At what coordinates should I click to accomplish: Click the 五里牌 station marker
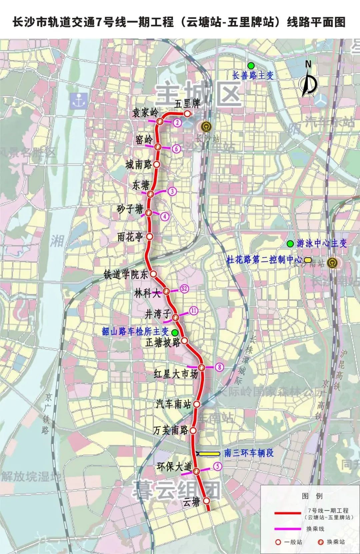coord(188,114)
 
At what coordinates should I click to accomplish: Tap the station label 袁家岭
coord(145,112)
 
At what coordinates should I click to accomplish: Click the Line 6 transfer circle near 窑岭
coord(177,149)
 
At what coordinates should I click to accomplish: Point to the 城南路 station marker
coord(157,164)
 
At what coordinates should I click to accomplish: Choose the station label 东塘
coord(140,185)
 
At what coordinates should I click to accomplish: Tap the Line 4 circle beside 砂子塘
coord(165,216)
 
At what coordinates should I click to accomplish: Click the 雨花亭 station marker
coord(150,236)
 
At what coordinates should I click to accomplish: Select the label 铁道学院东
coord(126,274)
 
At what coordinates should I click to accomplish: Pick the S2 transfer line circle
coord(184,289)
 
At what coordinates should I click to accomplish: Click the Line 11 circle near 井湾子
coord(194,311)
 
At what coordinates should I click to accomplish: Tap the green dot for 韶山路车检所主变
coord(174,332)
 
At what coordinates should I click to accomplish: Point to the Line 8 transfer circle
coord(219,367)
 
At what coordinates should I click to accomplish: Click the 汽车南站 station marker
coord(197,404)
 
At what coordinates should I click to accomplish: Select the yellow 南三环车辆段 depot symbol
coord(209,453)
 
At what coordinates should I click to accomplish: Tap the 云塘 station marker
coord(207,501)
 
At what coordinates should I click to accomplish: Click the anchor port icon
coord(79,100)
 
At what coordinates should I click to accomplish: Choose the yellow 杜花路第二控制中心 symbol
coord(307,259)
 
